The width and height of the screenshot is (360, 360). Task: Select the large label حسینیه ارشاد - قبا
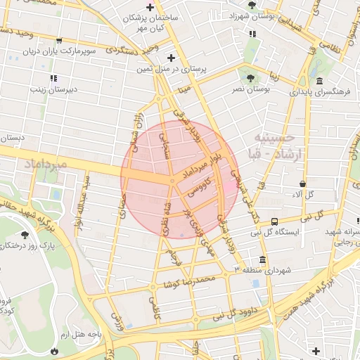275,145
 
